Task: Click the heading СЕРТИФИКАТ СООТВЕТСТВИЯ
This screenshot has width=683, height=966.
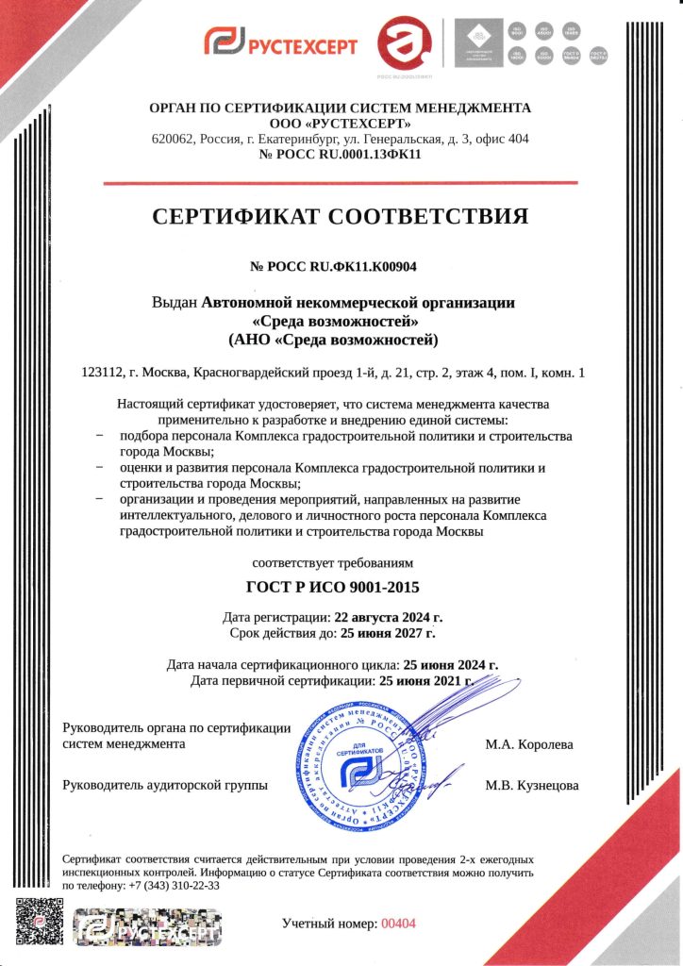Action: (341, 217)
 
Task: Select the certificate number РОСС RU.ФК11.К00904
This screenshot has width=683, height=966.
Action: (341, 267)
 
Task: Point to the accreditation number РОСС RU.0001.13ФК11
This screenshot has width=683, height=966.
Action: (341, 155)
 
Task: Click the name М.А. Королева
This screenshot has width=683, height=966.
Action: (528, 744)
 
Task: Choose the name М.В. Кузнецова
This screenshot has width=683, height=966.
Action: (531, 785)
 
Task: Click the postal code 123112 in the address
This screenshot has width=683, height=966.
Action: (104, 373)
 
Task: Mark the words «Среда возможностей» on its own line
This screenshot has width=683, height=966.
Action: (341, 321)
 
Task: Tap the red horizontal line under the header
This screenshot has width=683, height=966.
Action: (341, 182)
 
